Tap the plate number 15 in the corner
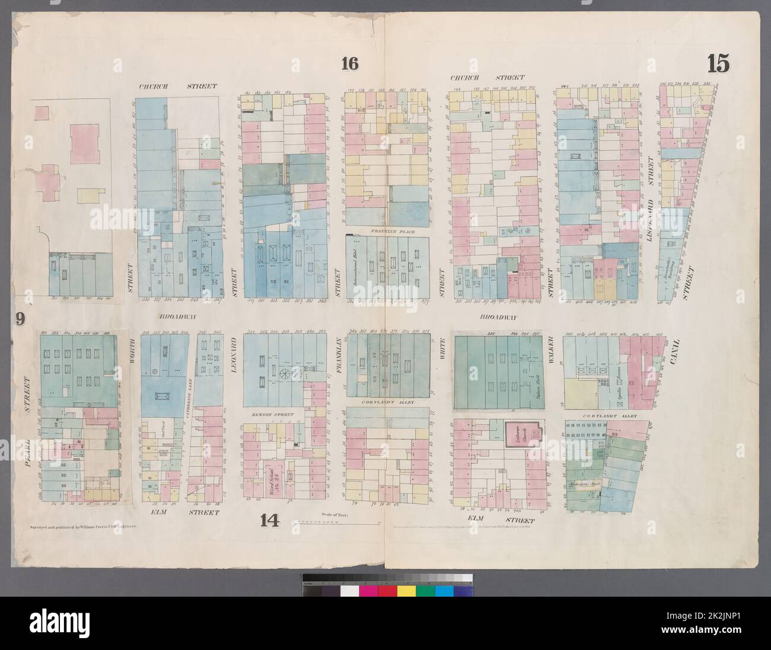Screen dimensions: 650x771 click(x=718, y=63)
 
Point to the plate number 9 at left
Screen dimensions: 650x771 click(x=20, y=320)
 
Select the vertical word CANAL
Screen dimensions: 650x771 click(x=677, y=353)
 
